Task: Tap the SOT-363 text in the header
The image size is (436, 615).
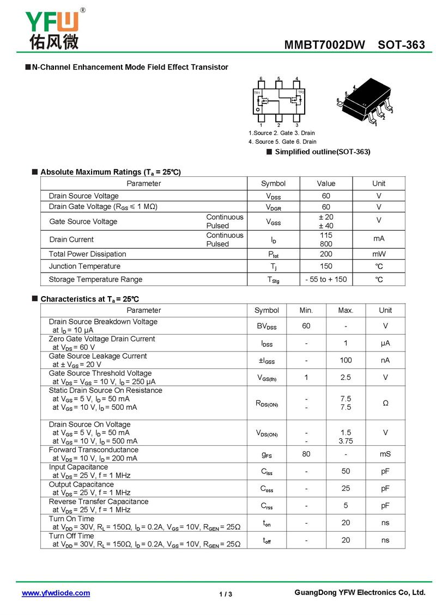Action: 401,45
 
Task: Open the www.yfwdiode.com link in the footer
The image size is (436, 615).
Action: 56,593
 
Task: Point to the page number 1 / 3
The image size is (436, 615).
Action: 226,594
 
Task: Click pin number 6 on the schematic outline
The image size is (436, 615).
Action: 261,79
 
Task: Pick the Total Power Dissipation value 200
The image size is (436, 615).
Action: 326,254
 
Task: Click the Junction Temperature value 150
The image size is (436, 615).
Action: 326,267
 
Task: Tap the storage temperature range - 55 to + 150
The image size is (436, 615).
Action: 326,279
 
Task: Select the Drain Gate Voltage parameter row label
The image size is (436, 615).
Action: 103,207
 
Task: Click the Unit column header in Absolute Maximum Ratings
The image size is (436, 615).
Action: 379,183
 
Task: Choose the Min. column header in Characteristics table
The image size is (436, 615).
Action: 306,310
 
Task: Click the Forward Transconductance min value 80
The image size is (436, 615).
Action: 306,454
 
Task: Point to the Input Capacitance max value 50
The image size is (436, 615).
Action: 346,471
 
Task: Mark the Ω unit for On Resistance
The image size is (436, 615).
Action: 385,403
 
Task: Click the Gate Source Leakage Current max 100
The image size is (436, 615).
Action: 346,360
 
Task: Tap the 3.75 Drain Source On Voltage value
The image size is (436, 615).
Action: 346,441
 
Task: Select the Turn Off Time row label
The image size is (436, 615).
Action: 71,536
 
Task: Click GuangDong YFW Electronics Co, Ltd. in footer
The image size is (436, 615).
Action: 360,593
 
